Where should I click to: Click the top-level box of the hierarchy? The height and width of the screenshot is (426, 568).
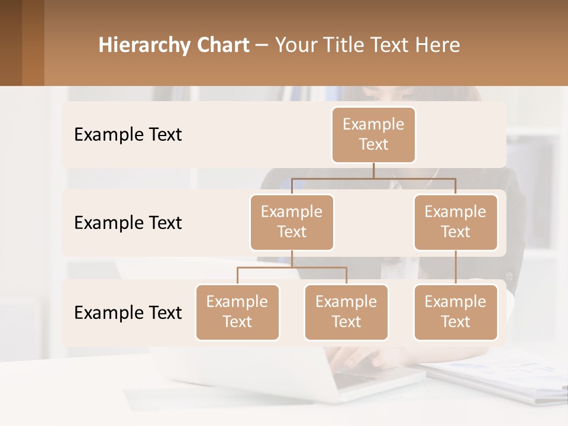(x=373, y=134)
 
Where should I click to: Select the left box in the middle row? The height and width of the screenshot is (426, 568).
(x=292, y=222)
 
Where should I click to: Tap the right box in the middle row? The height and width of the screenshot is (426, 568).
(x=456, y=222)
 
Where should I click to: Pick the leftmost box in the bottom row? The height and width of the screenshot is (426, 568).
(x=237, y=312)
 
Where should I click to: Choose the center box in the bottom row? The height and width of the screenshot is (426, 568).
(x=346, y=312)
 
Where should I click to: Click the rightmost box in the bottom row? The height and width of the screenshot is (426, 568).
(x=456, y=312)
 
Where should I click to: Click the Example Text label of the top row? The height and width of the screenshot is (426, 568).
(x=128, y=134)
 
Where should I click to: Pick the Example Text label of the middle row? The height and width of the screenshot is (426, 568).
(x=128, y=222)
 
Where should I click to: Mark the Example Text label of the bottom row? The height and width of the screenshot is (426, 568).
(x=128, y=312)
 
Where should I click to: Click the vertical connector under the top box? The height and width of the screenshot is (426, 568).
(x=373, y=170)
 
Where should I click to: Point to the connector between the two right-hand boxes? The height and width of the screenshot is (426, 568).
(x=456, y=267)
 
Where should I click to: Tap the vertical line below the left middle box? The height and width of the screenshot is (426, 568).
(x=292, y=259)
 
